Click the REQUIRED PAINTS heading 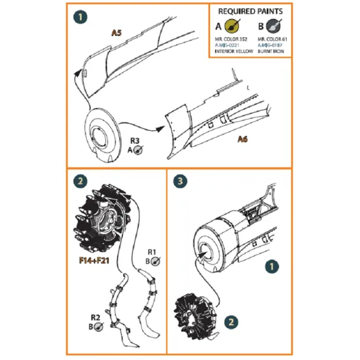click(249, 11)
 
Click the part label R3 click(134, 140)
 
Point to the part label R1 click(151, 252)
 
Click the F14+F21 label click(90, 267)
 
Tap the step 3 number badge click(183, 181)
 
